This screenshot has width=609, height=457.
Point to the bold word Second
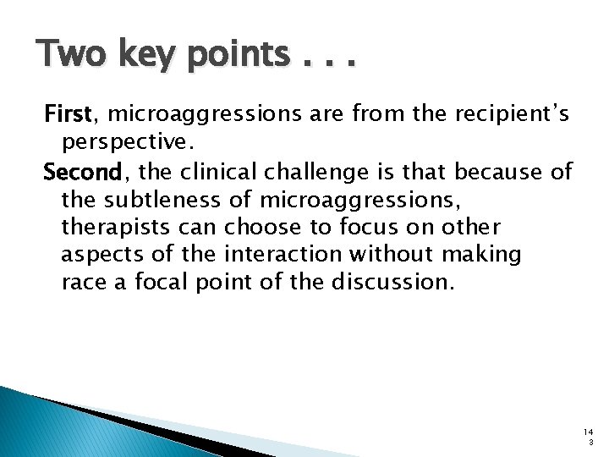[85, 173]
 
